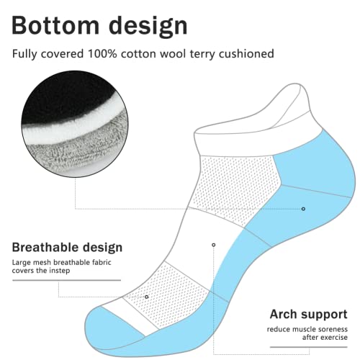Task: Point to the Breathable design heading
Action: [67, 247]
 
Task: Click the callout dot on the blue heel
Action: [303, 209]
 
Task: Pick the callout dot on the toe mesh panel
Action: [147, 296]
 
